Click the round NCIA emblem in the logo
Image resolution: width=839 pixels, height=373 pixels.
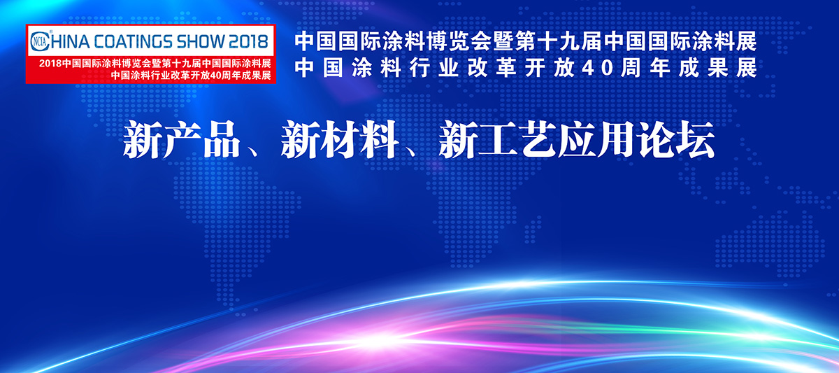pyautogui.click(x=39, y=41)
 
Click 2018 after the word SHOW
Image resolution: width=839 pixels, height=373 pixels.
pyautogui.click(x=248, y=41)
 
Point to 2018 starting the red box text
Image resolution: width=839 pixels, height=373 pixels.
pyautogui.click(x=50, y=64)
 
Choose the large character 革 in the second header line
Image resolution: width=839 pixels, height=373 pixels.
pyautogui.click(x=505, y=68)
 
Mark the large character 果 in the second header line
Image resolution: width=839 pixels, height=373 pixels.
pyautogui.click(x=717, y=68)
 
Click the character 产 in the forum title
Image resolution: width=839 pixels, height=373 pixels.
pyautogui.click(x=181, y=139)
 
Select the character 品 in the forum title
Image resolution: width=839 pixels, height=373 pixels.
pyautogui.click(x=221, y=139)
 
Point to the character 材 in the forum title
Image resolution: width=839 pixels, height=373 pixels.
pyautogui.click(x=339, y=139)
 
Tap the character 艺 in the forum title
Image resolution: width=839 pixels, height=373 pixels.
pyautogui.click(x=537, y=139)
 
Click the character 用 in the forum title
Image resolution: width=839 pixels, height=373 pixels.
pyautogui.click(x=617, y=139)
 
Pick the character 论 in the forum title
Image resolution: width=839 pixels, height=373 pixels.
pyautogui.click(x=657, y=139)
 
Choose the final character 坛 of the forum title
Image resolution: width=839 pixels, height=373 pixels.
pyautogui.click(x=696, y=139)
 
